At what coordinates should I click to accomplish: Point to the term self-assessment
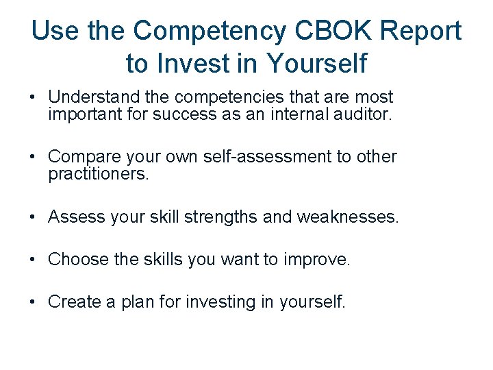(x=265, y=157)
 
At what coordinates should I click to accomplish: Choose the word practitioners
(x=98, y=174)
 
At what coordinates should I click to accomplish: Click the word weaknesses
(x=347, y=217)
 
